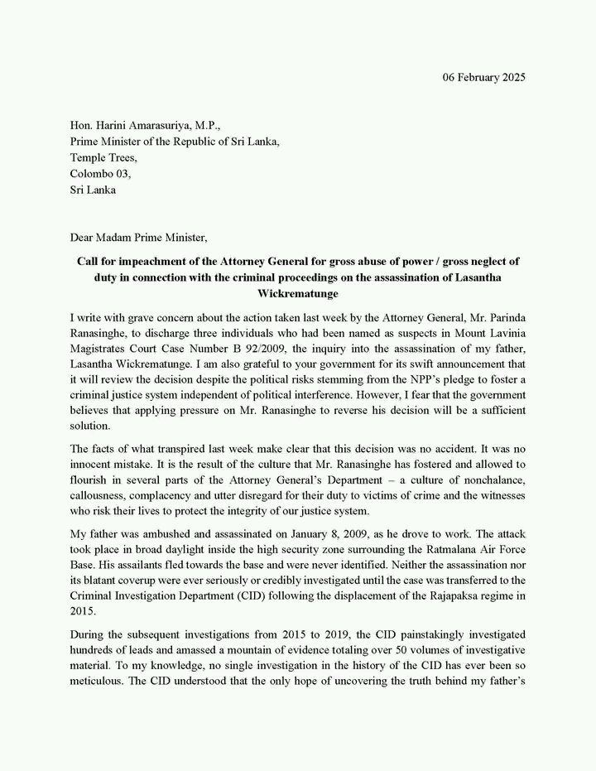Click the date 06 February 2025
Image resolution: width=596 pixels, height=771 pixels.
pyautogui.click(x=480, y=77)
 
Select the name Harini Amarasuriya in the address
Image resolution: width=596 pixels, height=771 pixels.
pyautogui.click(x=143, y=125)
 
